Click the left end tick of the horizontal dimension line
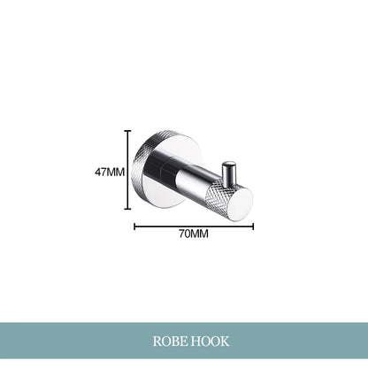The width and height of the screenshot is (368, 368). coord(135,225)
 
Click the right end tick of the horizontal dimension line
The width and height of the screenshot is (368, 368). coord(253,225)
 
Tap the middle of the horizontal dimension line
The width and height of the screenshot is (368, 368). coord(194,225)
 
